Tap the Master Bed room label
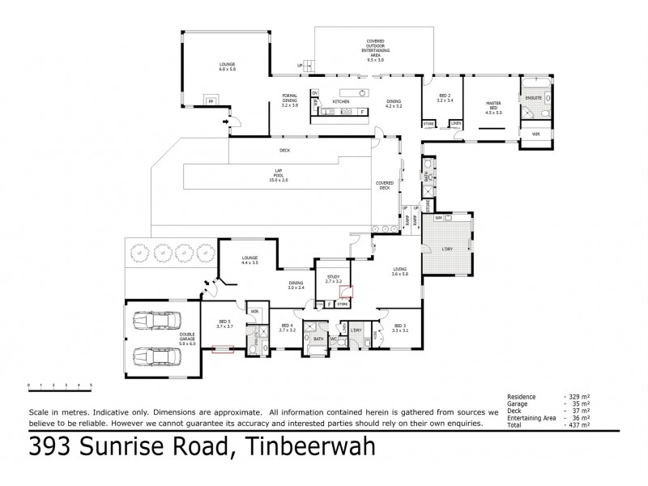click(494, 106)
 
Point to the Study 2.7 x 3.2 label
click(334, 279)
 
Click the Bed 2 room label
click(445, 98)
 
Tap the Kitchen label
click(340, 101)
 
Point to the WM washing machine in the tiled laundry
click(438, 218)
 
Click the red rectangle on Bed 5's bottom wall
click(222, 350)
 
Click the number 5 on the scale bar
click(91, 385)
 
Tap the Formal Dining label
click(290, 101)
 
